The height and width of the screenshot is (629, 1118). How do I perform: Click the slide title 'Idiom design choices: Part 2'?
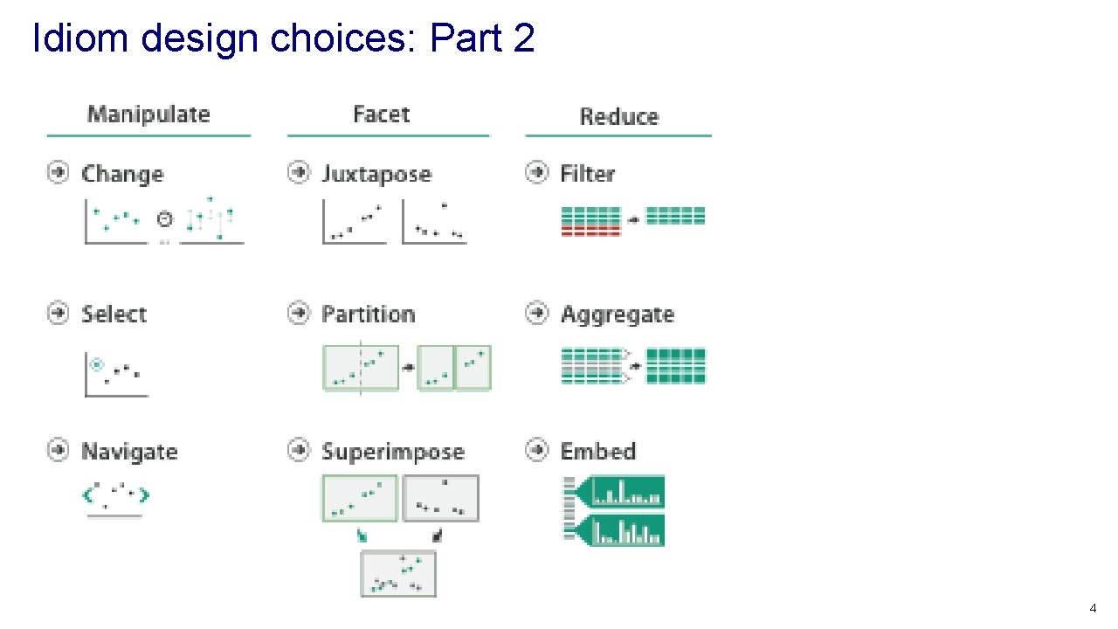283,38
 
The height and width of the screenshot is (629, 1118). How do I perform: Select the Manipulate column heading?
148,114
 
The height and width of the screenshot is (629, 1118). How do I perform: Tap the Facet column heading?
381,114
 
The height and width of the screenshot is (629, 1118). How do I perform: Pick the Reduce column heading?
618,117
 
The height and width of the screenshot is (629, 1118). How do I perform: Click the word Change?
122,174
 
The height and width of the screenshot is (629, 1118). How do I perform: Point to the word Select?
114,314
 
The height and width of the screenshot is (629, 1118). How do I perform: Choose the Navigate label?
129,452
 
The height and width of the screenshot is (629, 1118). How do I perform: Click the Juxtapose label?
376,174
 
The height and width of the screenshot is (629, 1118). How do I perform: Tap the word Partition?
368,314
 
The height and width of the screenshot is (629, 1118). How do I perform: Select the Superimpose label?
392,452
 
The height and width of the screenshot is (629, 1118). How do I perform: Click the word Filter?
587,174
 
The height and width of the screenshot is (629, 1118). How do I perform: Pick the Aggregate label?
617,314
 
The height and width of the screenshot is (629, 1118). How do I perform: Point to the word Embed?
597,452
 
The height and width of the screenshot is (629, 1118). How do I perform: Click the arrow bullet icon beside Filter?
536,172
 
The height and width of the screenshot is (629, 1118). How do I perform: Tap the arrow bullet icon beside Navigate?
58,450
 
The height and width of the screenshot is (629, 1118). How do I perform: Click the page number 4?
1093,608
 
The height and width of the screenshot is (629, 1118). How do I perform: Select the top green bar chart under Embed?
627,493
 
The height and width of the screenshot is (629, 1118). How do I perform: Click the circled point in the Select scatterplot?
97,364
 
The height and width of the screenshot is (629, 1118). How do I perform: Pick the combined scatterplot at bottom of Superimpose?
398,574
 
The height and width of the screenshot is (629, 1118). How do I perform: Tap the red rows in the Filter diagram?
590,230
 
